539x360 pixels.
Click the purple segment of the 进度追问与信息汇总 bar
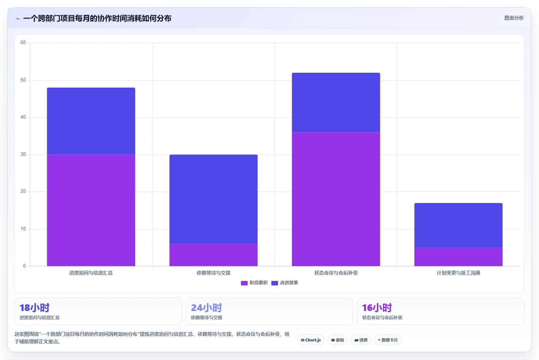point(91,210)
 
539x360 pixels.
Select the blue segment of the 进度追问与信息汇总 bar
point(91,121)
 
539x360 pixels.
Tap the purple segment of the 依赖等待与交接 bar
point(213,255)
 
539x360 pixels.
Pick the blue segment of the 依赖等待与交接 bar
point(213,199)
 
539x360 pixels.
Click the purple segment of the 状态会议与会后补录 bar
point(336,199)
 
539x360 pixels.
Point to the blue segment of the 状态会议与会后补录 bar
point(336,102)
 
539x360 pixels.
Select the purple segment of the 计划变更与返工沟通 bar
point(459,257)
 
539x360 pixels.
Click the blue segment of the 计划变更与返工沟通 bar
point(459,225)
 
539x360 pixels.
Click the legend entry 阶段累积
point(254,283)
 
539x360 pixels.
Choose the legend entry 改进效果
point(285,283)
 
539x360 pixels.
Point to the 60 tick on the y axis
point(23,43)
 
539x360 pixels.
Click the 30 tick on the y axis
point(23,154)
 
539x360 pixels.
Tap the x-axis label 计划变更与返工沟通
point(459,273)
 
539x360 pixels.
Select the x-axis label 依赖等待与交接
point(213,273)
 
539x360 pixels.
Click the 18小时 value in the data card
point(34,308)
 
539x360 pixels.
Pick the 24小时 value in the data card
point(207,308)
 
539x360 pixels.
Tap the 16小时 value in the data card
point(377,308)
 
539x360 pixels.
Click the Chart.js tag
point(310,340)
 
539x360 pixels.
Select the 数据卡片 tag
point(388,340)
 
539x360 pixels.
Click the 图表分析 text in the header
point(514,18)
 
